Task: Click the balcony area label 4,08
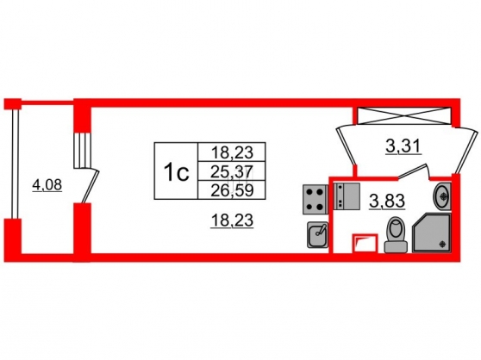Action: pos(47,185)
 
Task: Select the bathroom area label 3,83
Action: pos(388,201)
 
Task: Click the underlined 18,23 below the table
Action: pos(232,220)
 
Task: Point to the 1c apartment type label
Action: pos(176,171)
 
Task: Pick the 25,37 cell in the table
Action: pos(232,171)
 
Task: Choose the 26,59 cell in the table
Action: pos(232,190)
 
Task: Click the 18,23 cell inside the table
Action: pos(232,152)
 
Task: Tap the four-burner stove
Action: pos(315,200)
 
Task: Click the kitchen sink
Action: pos(317,235)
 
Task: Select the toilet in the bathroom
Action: pos(396,235)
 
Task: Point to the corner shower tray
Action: pos(432,233)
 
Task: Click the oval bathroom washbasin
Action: pos(442,196)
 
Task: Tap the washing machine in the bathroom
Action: pos(347,196)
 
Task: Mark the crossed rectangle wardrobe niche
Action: pos(404,115)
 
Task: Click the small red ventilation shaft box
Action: pos(365,243)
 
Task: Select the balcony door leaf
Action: pos(91,187)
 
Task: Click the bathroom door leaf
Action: pos(413,171)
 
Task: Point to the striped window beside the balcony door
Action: pos(83,150)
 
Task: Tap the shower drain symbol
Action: pos(442,244)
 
